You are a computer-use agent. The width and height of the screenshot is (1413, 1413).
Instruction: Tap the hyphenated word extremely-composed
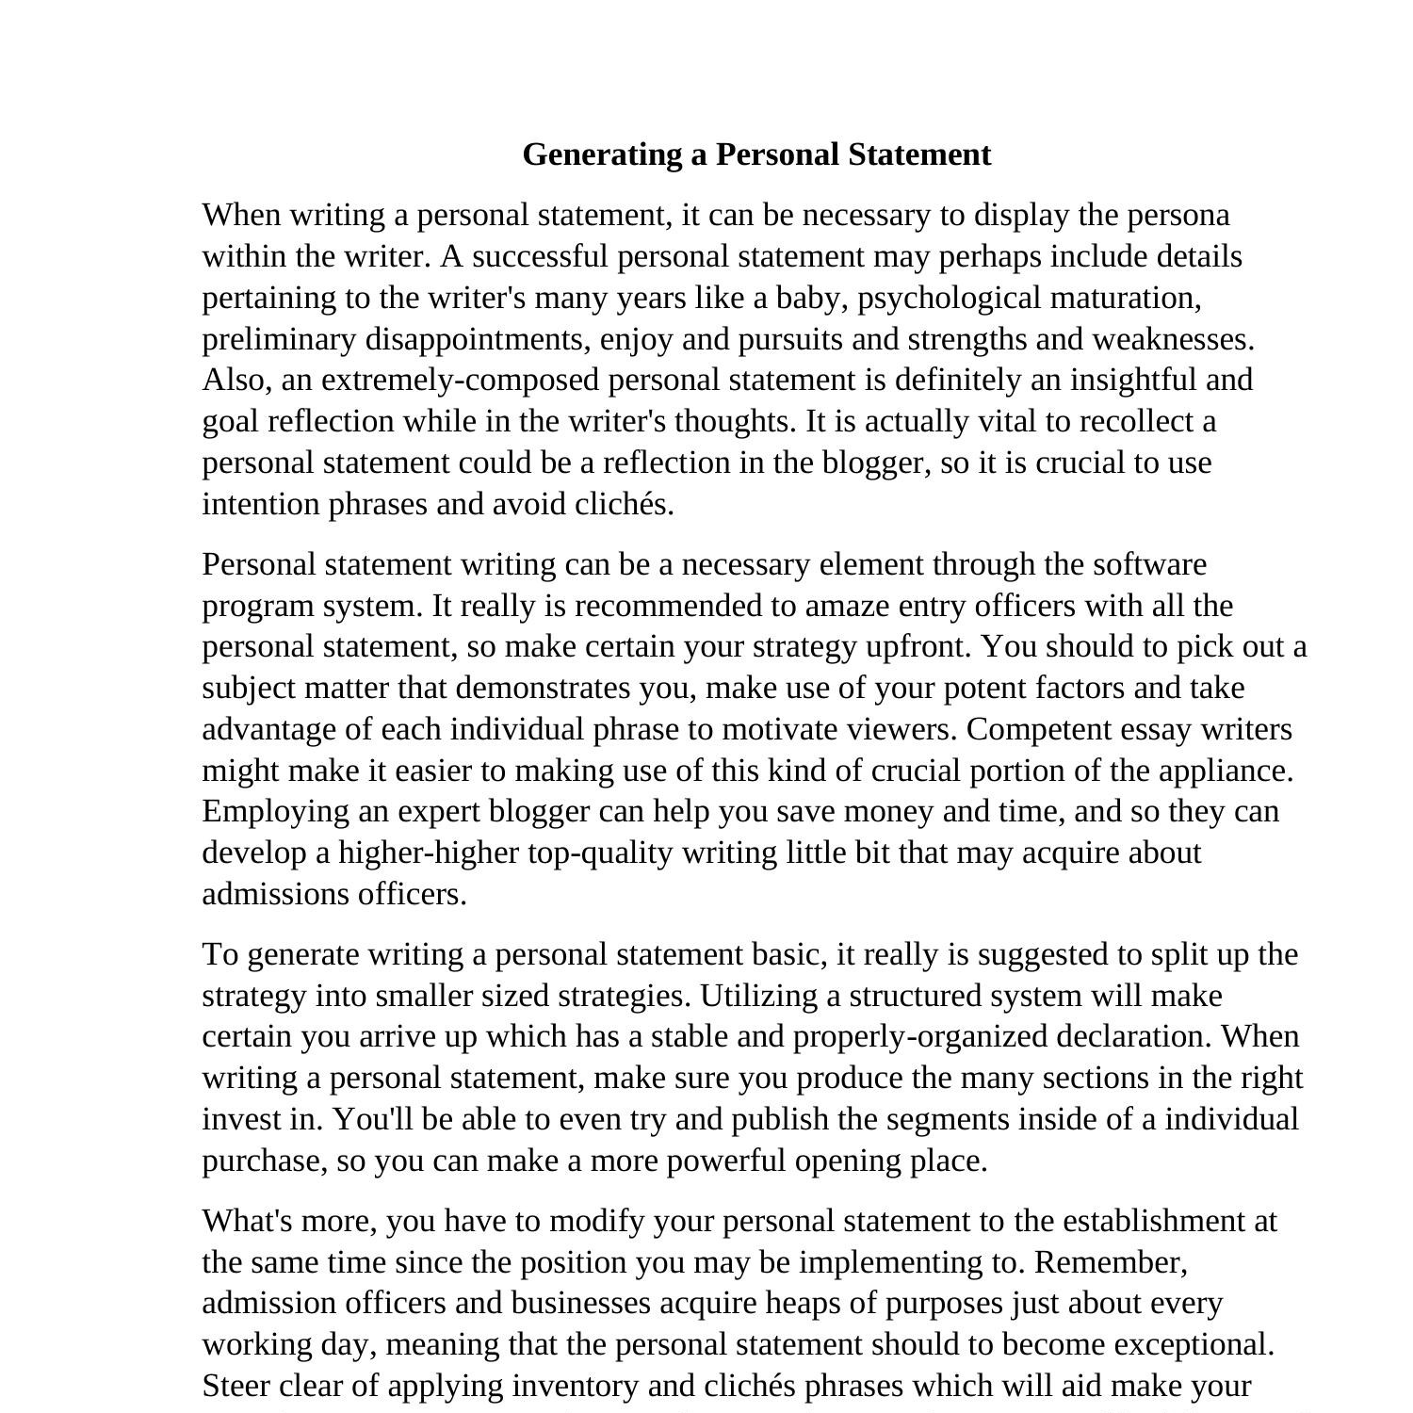[x=460, y=381]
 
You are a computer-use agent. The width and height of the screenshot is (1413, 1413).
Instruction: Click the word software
[x=1149, y=565]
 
